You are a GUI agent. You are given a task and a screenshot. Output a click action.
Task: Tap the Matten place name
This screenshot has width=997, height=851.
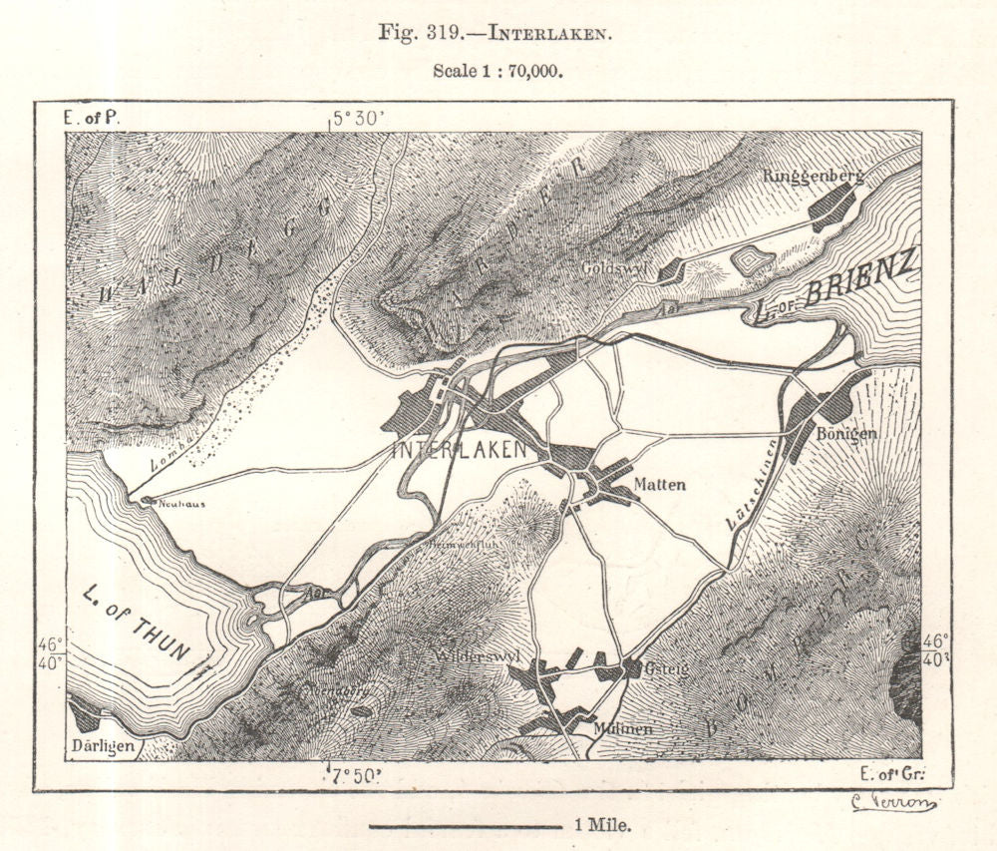(659, 485)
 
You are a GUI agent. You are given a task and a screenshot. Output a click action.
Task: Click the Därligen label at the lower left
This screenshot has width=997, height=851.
(104, 746)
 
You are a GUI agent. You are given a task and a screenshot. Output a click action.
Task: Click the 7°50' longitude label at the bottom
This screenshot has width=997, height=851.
(358, 776)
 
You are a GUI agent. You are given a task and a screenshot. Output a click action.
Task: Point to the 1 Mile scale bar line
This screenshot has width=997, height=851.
(465, 826)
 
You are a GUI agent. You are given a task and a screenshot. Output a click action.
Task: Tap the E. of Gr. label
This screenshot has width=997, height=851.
(893, 774)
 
